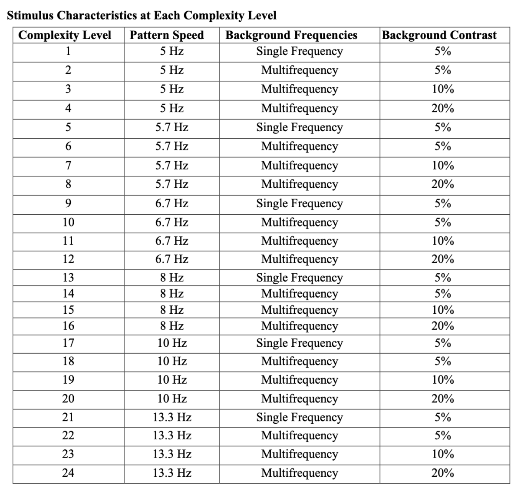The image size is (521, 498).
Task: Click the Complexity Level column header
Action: click(65, 35)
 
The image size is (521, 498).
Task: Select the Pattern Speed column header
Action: click(167, 35)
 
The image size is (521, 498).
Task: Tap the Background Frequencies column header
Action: click(291, 35)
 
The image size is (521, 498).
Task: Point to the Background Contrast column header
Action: click(439, 35)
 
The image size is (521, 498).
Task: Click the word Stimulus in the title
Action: click(30, 16)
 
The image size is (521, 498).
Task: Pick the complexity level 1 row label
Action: click(68, 51)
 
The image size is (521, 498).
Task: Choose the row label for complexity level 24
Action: click(68, 473)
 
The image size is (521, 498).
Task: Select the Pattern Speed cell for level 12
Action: click(172, 259)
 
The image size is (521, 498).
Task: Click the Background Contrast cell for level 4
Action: click(443, 108)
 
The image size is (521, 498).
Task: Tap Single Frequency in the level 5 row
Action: click(300, 127)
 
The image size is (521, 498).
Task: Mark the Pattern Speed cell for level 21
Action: click(172, 418)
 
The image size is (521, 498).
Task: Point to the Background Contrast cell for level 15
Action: click(443, 310)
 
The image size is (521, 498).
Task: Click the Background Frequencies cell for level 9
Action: click(300, 203)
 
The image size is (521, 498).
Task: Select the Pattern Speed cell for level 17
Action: click(172, 343)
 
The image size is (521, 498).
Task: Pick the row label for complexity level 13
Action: click(68, 278)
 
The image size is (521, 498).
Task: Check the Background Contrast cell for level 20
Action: click(443, 398)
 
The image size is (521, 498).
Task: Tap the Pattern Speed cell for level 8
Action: click(172, 184)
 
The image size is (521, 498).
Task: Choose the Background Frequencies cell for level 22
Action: click(300, 435)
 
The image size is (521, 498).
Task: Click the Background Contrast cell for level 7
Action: click(443, 166)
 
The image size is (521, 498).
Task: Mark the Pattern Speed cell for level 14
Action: click(172, 294)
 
